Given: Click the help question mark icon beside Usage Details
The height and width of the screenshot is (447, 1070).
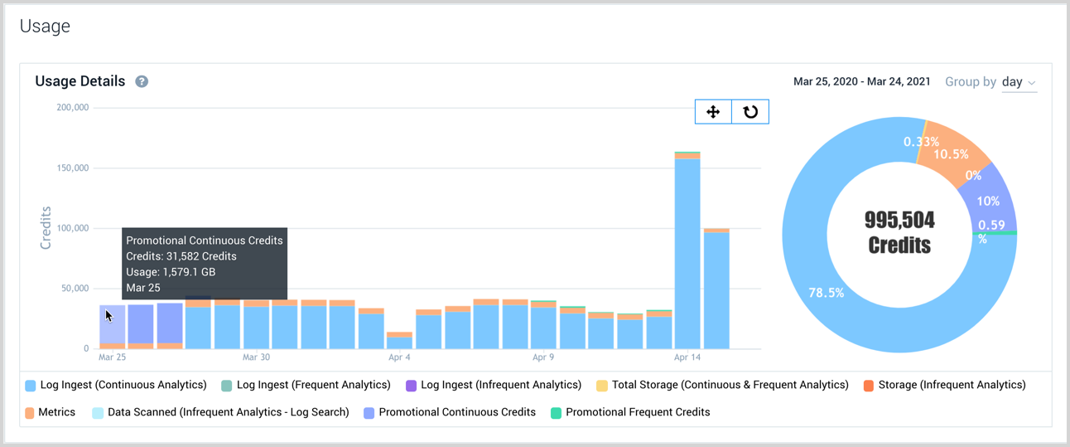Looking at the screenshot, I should [142, 81].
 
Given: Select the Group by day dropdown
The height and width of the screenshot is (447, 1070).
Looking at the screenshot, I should [1019, 82].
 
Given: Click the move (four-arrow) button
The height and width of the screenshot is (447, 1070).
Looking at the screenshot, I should [713, 112].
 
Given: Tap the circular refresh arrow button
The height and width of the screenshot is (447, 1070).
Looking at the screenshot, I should [750, 112].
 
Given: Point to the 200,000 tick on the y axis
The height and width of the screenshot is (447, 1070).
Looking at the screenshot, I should [72, 108].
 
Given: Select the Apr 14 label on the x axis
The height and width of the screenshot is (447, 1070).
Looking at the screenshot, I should [687, 357].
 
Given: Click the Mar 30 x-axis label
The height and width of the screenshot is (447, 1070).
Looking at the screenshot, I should [256, 357].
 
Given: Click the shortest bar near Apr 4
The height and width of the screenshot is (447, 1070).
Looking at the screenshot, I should [399, 341].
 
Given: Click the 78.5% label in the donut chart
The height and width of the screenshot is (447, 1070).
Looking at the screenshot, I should [826, 293].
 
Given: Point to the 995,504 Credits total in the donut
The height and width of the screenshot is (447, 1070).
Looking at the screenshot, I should [899, 232].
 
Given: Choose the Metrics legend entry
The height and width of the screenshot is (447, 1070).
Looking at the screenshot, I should [51, 412].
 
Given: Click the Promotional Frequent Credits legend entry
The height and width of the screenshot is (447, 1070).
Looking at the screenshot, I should [630, 412].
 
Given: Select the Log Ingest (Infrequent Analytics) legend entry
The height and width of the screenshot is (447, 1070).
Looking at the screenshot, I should [494, 385].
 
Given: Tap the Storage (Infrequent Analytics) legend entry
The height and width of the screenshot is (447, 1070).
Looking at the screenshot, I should [944, 385].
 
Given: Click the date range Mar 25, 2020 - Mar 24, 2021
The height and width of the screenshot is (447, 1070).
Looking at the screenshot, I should [861, 82].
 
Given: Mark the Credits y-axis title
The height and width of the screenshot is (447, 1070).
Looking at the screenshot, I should [46, 228].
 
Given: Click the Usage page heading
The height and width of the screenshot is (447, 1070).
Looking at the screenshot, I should [45, 26].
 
